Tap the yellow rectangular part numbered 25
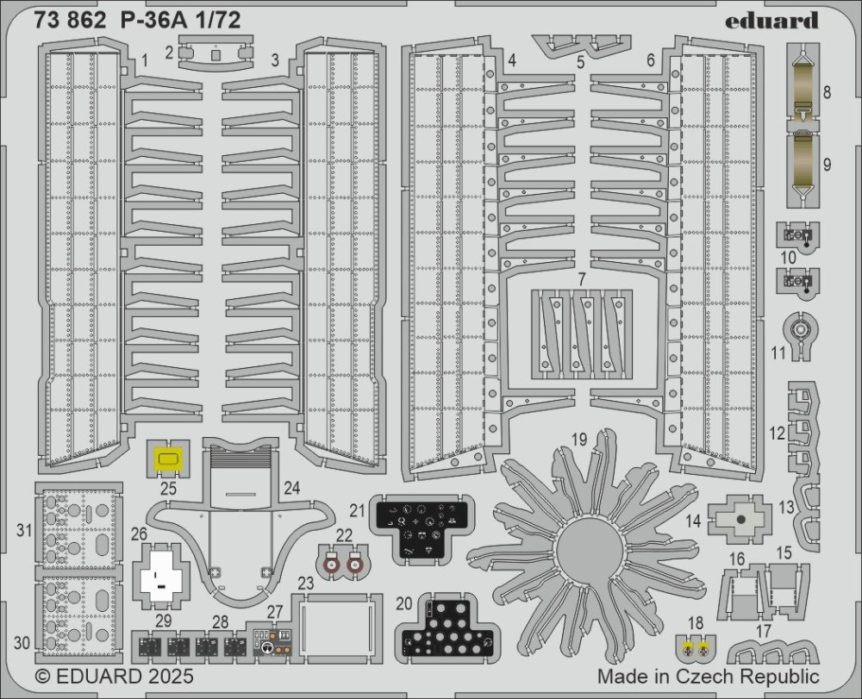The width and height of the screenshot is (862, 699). click(169, 459)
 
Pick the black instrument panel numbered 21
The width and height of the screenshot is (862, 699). click(422, 525)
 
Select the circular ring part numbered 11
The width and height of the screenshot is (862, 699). click(802, 328)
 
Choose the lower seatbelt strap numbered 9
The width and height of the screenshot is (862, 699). click(803, 164)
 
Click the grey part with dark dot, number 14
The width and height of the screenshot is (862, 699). click(740, 520)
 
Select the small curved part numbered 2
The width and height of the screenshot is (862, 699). click(215, 53)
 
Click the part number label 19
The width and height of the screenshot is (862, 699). click(579, 440)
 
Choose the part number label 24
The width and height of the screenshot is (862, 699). click(291, 489)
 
